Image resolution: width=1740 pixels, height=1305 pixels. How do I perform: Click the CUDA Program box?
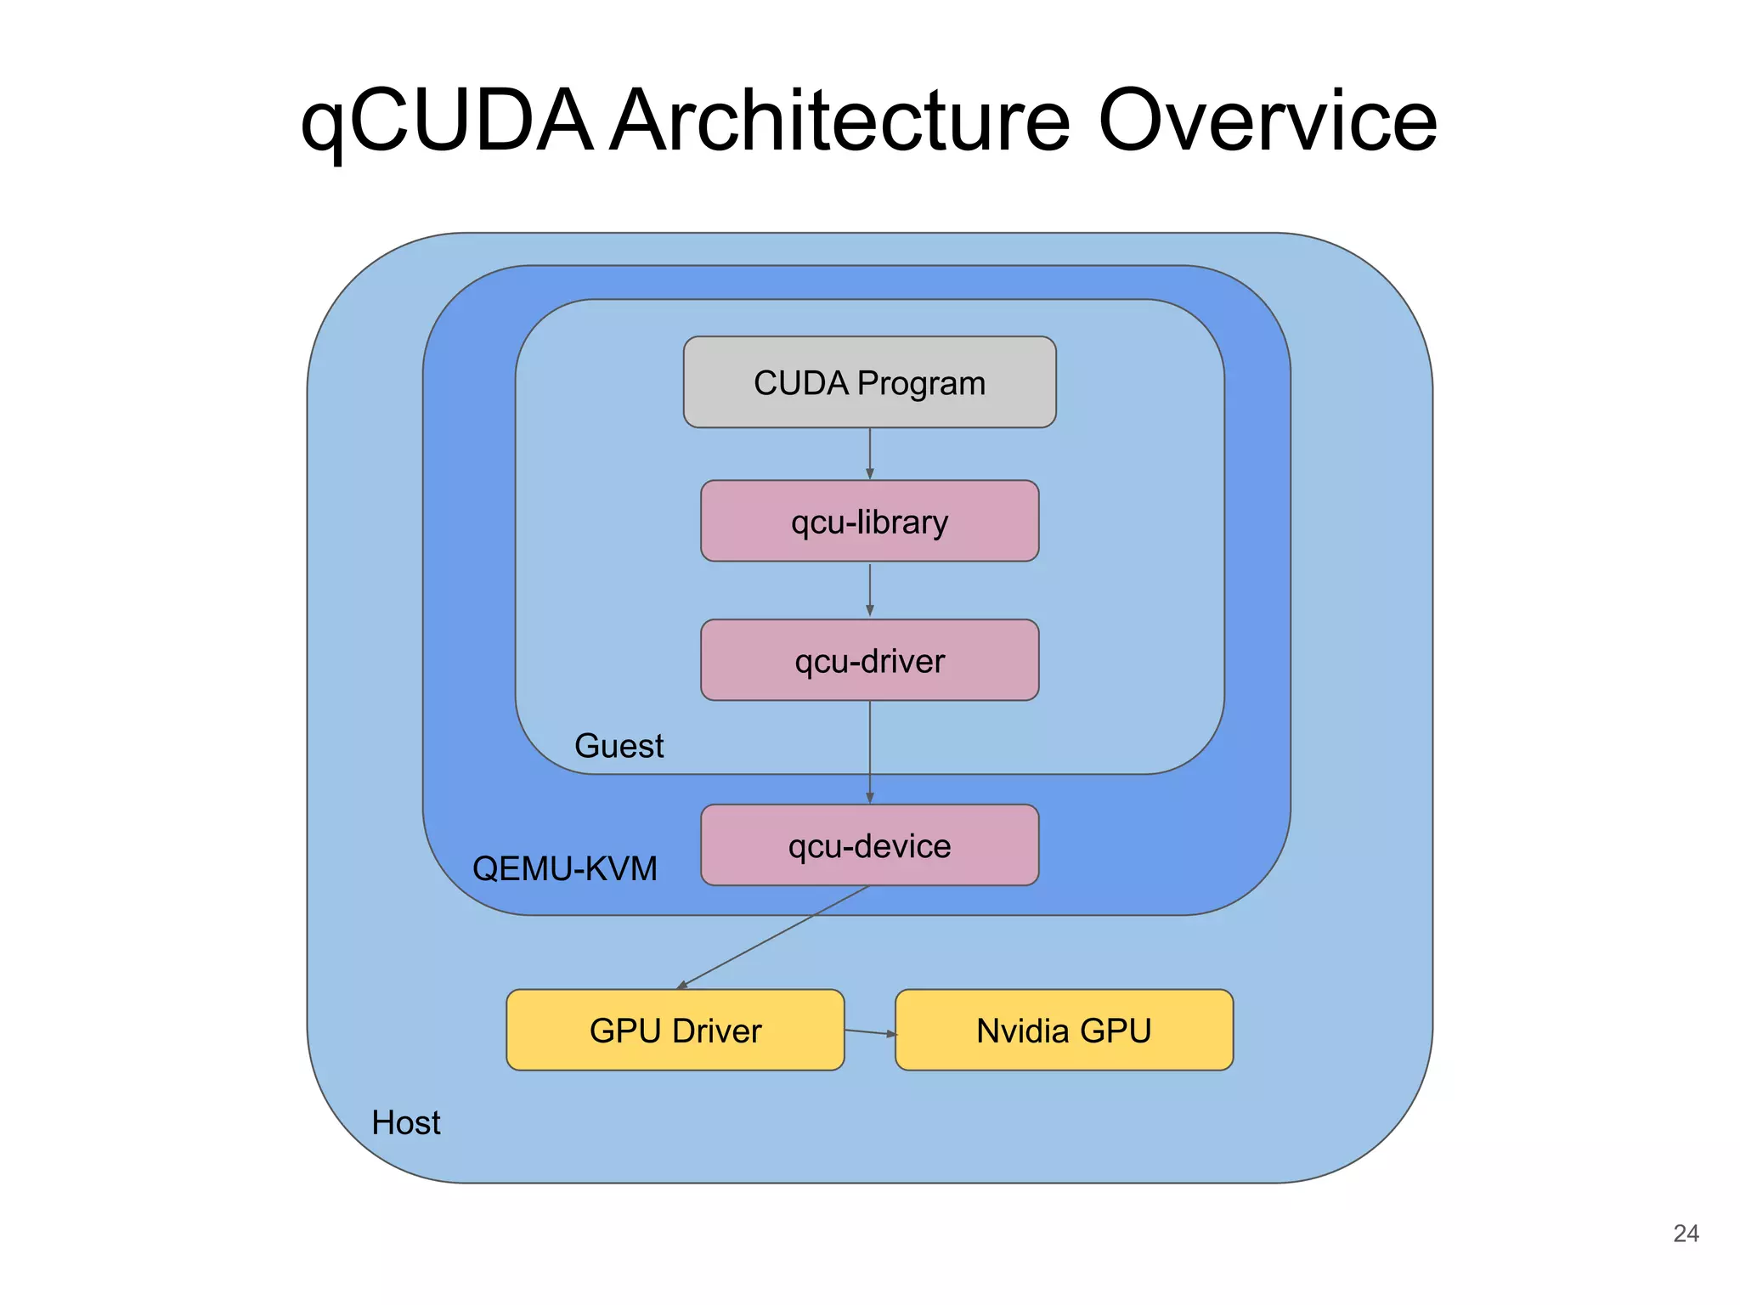coord(869,381)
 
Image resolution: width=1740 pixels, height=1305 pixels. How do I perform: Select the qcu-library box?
coord(869,521)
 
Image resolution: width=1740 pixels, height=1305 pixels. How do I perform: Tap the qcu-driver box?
coord(869,660)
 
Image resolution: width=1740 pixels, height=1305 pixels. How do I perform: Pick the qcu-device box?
coord(869,845)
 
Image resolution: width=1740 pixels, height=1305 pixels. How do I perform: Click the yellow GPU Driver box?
coord(675,1030)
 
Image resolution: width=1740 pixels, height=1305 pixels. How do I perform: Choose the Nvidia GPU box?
coord(1064,1030)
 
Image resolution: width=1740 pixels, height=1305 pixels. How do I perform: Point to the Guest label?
coord(619,746)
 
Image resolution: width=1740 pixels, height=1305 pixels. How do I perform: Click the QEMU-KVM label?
coord(565,868)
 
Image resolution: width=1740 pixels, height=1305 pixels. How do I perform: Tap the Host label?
coord(406,1122)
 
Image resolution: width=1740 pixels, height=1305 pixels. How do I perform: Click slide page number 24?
coord(1686,1234)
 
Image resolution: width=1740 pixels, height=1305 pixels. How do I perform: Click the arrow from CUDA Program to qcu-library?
coord(869,454)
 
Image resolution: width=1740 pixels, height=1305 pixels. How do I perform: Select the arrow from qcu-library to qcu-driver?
coord(869,590)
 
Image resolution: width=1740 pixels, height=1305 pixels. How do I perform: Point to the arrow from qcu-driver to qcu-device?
coord(869,752)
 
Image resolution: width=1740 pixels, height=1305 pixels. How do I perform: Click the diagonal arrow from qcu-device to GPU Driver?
coord(773,938)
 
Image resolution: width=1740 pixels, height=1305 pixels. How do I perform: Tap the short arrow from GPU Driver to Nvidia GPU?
coord(870,1032)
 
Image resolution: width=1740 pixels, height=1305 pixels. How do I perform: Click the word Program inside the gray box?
coord(921,383)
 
